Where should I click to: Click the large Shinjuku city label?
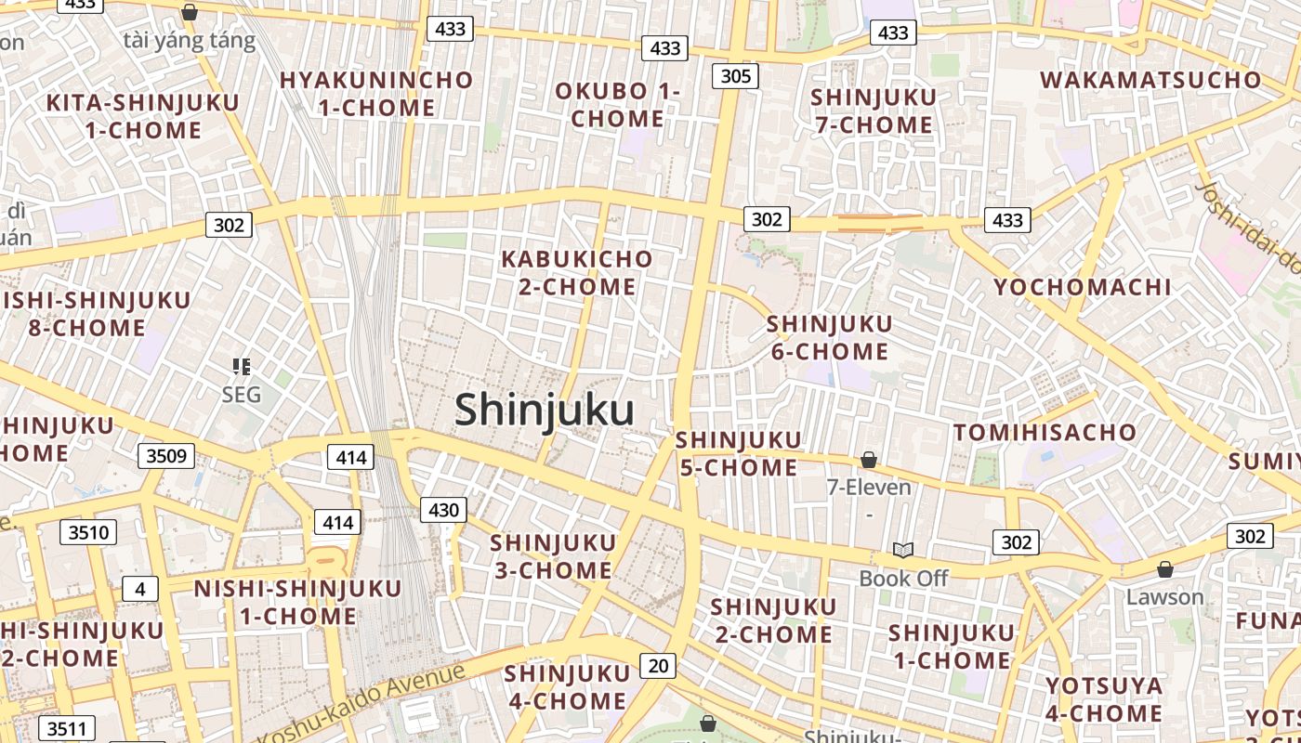click(545, 410)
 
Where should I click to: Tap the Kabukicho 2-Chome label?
click(577, 273)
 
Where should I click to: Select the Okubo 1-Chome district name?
click(618, 105)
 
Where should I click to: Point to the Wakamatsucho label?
click(1151, 80)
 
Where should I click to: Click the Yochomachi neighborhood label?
click(1083, 287)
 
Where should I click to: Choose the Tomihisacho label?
click(1045, 432)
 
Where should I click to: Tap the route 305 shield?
click(735, 75)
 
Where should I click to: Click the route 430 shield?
click(443, 509)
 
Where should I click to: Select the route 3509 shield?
click(167, 455)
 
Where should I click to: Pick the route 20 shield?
click(658, 665)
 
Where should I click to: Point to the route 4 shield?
click(140, 589)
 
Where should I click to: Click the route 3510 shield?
click(89, 532)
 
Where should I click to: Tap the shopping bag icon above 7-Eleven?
click(869, 460)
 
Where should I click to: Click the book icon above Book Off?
click(902, 550)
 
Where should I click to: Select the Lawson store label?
click(1164, 597)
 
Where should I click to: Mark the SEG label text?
click(242, 395)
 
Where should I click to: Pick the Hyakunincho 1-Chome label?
click(376, 94)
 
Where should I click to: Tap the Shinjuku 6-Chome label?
click(829, 338)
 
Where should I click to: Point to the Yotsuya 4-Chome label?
click(1104, 699)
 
